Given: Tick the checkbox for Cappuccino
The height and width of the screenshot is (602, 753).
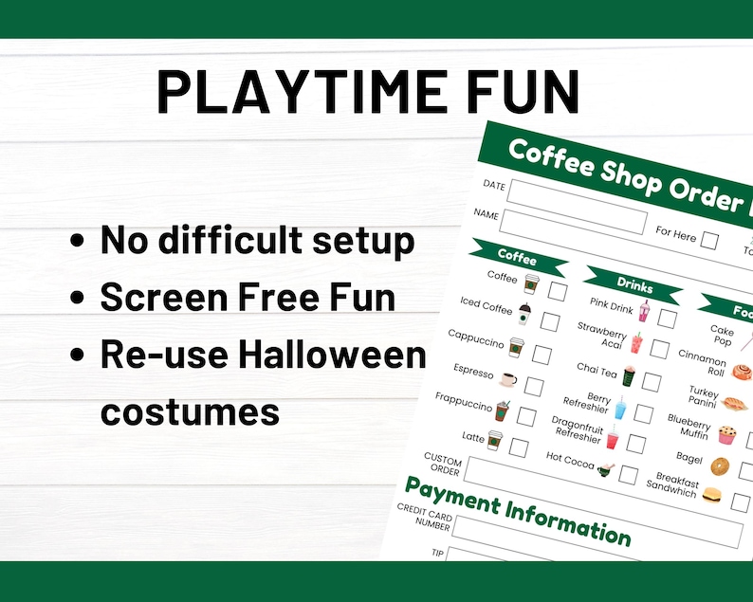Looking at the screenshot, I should (542, 355).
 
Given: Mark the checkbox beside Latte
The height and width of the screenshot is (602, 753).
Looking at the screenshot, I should (519, 447).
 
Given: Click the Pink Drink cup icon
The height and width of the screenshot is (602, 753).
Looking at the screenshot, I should (645, 311).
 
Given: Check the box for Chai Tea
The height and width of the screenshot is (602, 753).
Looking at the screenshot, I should (652, 381).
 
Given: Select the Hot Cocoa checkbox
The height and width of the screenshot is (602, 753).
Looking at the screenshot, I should (628, 475).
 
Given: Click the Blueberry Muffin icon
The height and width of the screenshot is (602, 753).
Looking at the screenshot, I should (727, 435).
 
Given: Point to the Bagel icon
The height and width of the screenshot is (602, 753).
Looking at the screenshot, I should (720, 467).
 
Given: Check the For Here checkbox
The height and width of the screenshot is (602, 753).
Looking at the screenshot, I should (708, 241).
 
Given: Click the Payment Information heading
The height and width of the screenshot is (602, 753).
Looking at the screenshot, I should (518, 510).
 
